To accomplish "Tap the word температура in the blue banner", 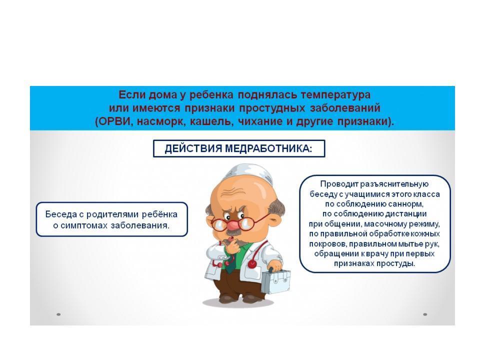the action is click(x=335, y=94).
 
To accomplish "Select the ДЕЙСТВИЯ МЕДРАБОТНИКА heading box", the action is click(x=239, y=149).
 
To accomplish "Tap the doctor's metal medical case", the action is click(x=276, y=281).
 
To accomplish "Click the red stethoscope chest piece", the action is click(x=252, y=264).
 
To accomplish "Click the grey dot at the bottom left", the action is click(x=58, y=314).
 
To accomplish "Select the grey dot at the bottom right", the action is click(x=425, y=314).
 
